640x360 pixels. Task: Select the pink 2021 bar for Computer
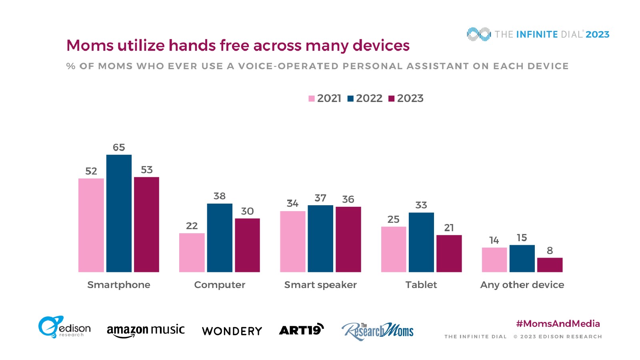coord(192,252)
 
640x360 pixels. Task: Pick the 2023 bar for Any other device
coord(550,265)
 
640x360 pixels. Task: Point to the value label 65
coord(119,148)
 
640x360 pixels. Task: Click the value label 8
coord(550,251)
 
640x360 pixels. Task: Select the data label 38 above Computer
coord(219,196)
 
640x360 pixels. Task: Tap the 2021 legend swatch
coord(312,99)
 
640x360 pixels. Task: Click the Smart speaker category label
coord(320,285)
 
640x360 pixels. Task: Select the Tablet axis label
coord(421,285)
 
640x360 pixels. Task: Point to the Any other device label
coord(522,285)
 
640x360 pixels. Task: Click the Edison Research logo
coord(64,327)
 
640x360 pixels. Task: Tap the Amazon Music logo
coord(146,330)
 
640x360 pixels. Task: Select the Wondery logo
coord(232,331)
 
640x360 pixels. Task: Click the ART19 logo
coord(301,330)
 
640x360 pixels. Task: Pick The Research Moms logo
coord(377,331)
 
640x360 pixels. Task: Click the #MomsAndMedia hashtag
coord(558,324)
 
